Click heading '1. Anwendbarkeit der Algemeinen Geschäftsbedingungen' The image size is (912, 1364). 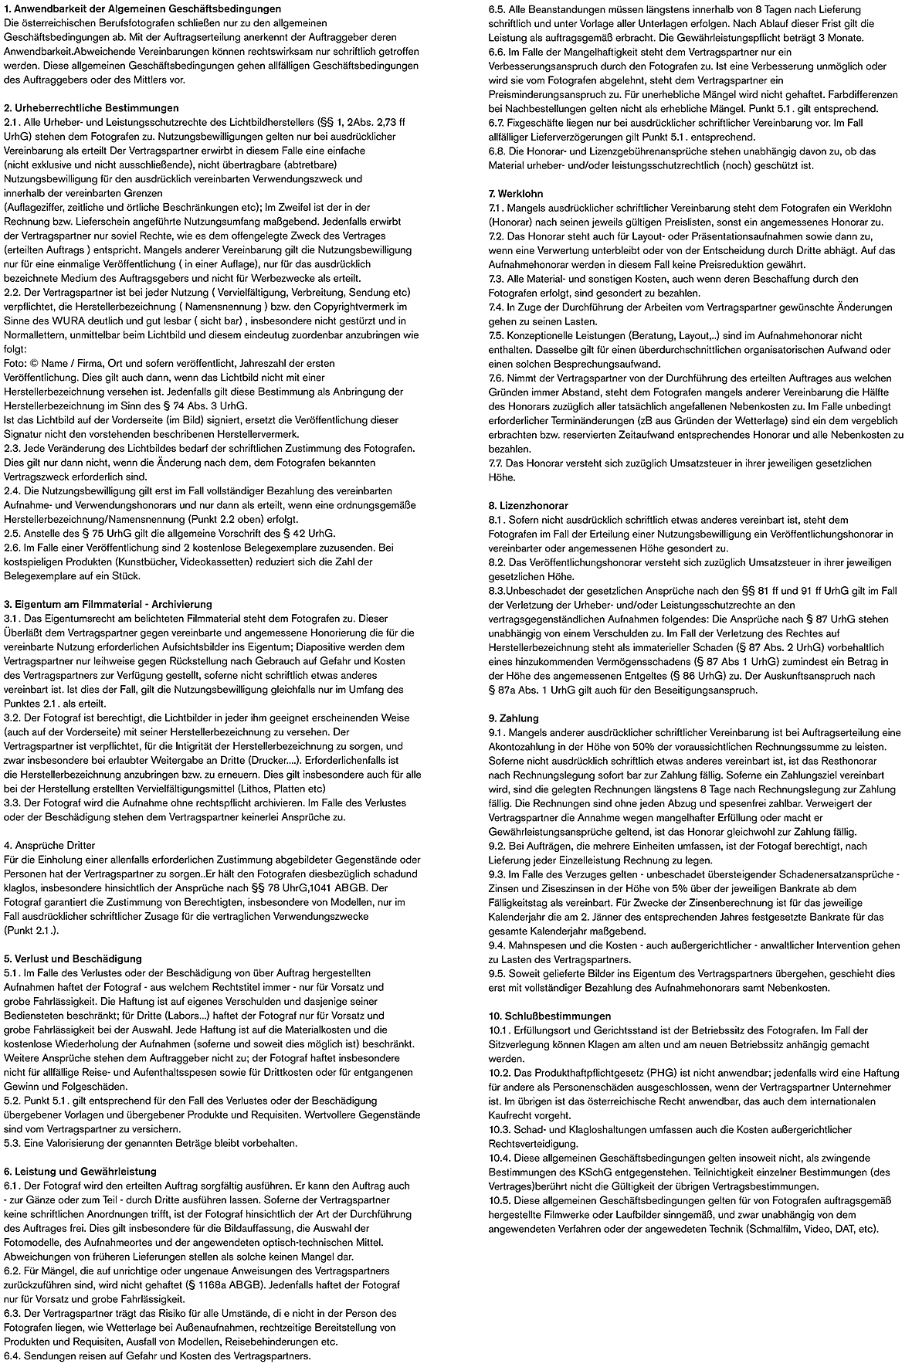142,9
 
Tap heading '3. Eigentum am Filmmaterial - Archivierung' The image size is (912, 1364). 107,604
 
